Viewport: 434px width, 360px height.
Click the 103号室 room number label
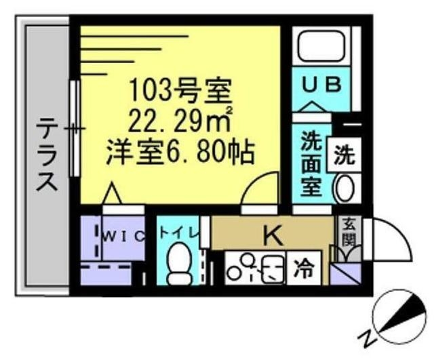point(180,88)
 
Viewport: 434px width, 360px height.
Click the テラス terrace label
point(45,155)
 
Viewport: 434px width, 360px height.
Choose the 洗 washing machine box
point(344,156)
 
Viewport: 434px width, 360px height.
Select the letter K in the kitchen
point(272,235)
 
